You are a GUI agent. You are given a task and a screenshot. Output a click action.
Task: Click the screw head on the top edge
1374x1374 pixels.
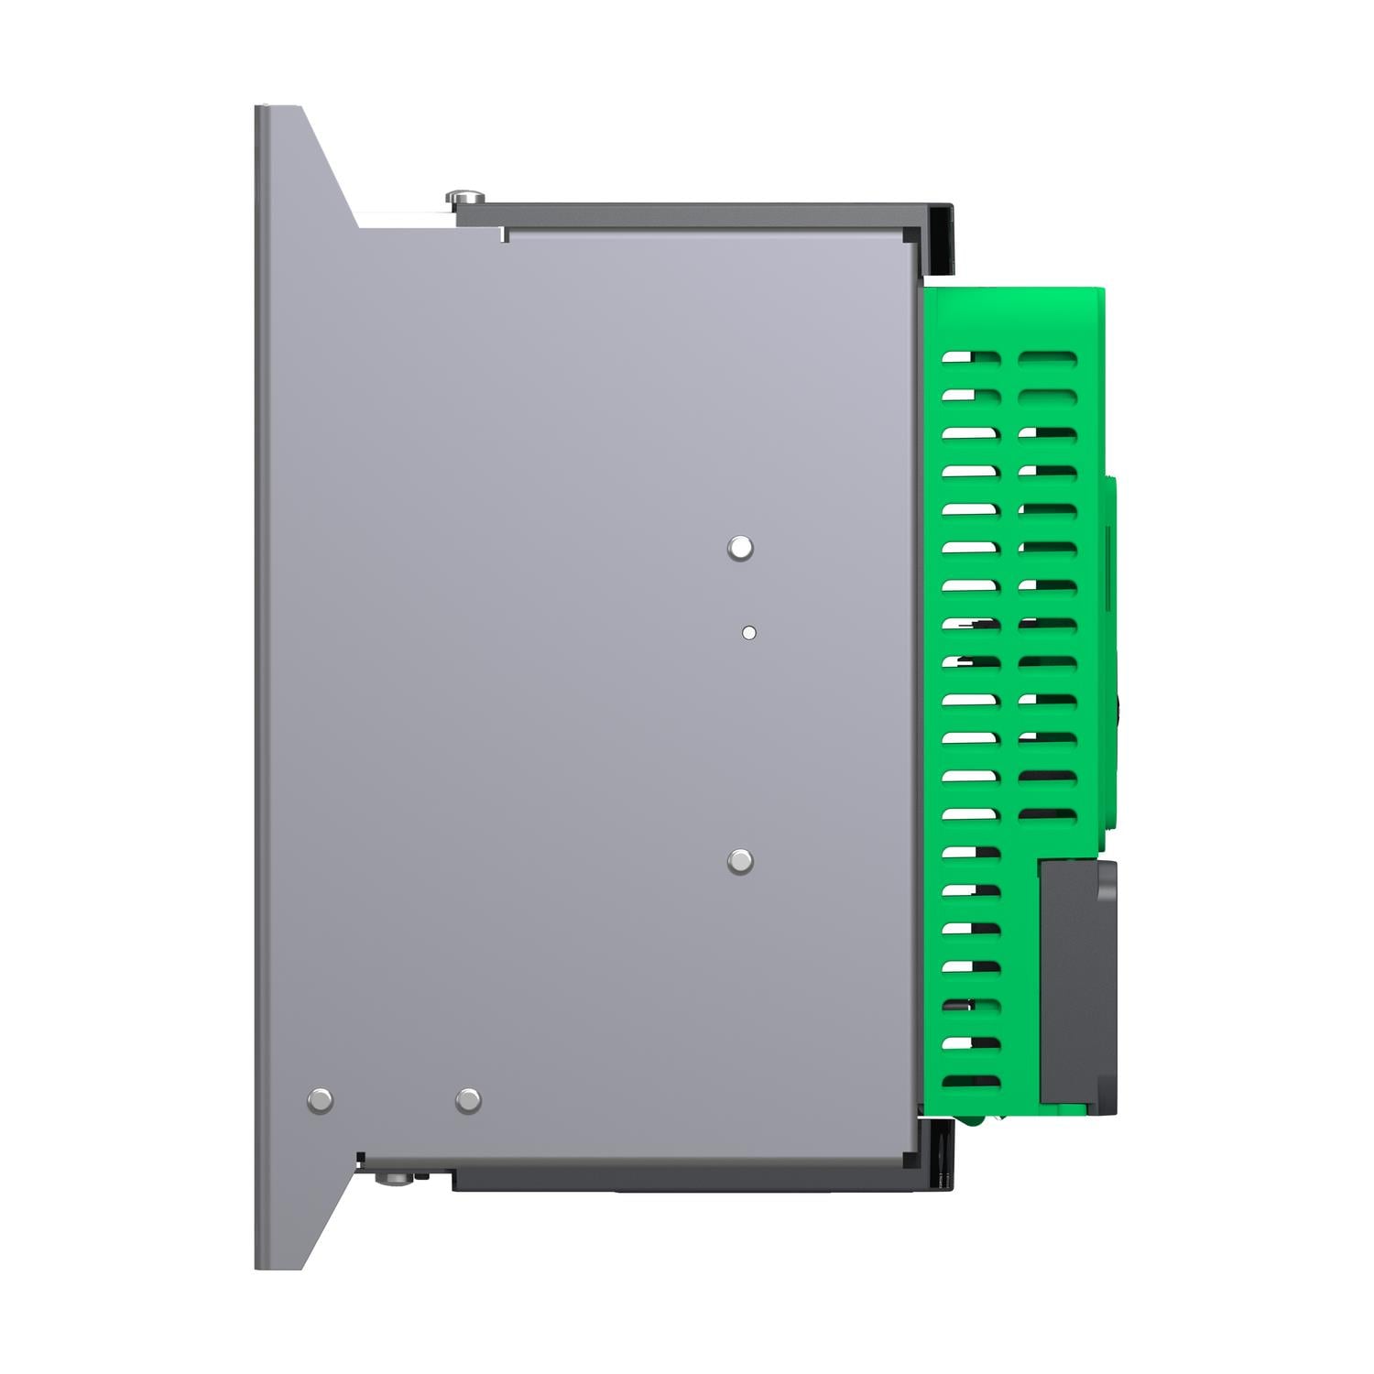[466, 196]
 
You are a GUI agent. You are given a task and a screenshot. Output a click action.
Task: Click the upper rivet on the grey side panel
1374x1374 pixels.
[740, 549]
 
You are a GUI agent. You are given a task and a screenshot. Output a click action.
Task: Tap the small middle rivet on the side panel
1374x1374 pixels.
[748, 632]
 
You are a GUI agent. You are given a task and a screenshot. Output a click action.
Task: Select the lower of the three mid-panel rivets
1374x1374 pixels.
[740, 861]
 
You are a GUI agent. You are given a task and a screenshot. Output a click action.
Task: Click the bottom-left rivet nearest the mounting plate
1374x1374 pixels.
[320, 1100]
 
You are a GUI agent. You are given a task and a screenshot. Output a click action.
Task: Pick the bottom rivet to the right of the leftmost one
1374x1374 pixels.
[468, 1100]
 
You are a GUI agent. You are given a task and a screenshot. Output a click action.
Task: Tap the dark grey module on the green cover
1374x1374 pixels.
[1078, 985]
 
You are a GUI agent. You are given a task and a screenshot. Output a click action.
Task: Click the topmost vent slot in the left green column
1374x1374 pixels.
[971, 357]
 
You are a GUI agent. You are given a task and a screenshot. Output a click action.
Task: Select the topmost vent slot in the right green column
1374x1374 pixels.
[1048, 357]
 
